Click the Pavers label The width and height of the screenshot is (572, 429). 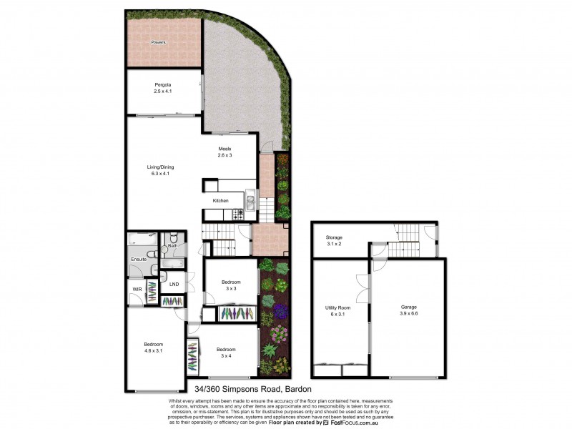(158, 43)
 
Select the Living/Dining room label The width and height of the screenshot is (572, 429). (160, 170)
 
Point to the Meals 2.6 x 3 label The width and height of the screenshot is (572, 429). (225, 152)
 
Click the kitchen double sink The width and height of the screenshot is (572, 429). (250, 197)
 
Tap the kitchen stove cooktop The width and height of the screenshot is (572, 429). (238, 213)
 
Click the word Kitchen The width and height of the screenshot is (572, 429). (220, 201)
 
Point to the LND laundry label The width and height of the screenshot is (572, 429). (173, 285)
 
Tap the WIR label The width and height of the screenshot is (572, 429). (137, 290)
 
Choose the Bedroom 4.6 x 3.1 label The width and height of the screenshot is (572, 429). (154, 347)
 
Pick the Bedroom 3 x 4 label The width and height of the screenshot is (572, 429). (226, 352)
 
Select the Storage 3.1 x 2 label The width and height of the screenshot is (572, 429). (334, 240)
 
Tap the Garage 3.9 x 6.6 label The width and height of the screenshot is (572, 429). (408, 310)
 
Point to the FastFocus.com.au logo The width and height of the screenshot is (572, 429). (350, 423)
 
